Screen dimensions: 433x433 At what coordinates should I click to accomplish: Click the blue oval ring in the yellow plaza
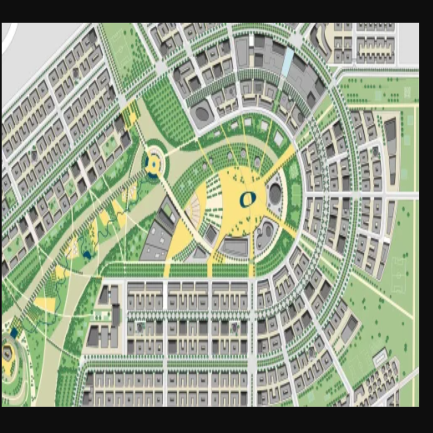[x=248, y=199]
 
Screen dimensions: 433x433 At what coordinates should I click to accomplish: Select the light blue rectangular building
[x=288, y=62]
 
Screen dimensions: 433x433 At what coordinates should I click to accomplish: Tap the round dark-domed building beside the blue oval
[x=275, y=194]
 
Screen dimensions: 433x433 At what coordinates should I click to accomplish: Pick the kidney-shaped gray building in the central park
[x=264, y=234]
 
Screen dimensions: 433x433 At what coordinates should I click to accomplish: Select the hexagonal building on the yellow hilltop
[x=7, y=353]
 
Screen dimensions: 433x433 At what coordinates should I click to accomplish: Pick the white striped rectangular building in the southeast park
[x=380, y=357]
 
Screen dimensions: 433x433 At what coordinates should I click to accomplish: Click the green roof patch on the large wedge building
[x=167, y=211]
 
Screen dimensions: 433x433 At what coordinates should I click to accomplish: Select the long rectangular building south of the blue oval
[x=234, y=247]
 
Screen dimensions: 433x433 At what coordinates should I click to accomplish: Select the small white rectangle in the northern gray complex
[x=251, y=40]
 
